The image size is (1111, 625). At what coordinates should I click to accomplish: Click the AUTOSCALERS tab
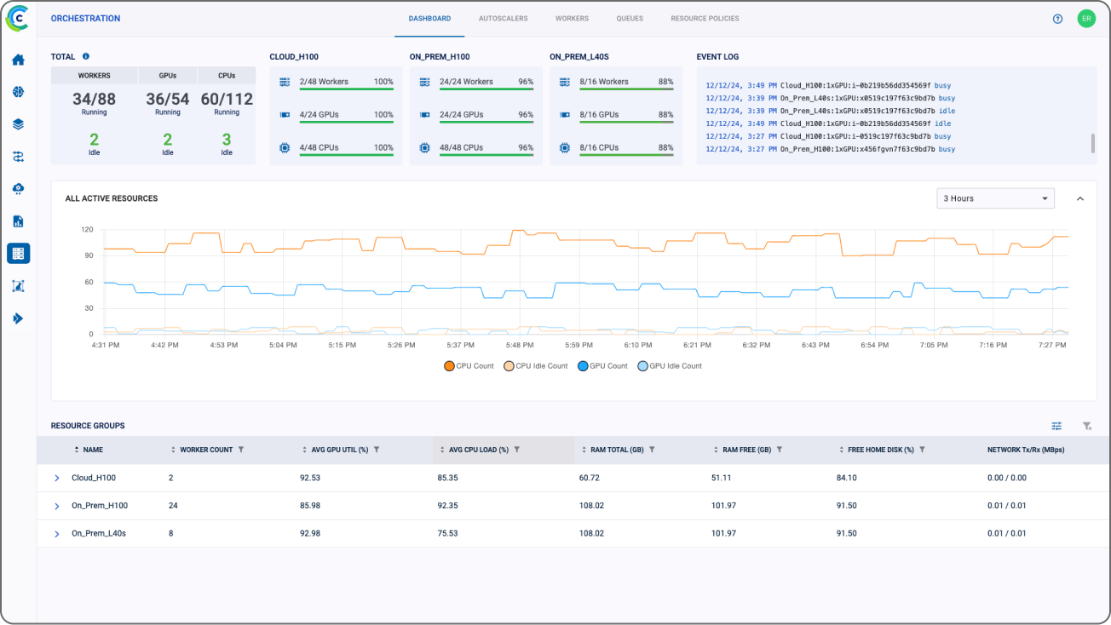click(503, 19)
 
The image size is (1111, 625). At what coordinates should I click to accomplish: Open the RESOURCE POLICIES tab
click(705, 19)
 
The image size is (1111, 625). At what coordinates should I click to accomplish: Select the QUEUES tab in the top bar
click(630, 19)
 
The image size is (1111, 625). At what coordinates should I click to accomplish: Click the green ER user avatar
click(1085, 19)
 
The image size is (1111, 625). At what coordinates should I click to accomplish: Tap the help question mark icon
click(1057, 19)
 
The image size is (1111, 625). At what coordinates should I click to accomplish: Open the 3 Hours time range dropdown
click(994, 198)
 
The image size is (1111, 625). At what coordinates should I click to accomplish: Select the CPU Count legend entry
click(469, 366)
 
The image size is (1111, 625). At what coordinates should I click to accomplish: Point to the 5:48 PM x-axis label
click(518, 345)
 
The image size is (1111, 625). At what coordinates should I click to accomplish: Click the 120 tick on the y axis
click(86, 230)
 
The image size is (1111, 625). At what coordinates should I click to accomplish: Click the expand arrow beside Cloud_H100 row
click(57, 479)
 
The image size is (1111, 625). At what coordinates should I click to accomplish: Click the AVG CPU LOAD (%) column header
click(478, 450)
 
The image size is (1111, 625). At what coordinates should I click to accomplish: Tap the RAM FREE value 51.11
click(721, 478)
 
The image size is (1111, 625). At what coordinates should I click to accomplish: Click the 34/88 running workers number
click(94, 100)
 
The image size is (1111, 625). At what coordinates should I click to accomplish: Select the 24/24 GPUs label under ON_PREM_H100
click(461, 115)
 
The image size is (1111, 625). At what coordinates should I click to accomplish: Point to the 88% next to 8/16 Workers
click(665, 83)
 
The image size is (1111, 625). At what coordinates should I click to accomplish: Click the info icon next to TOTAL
click(86, 57)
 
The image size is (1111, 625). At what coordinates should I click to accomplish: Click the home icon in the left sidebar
click(18, 60)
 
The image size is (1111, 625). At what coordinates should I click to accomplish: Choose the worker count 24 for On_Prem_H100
click(173, 506)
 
